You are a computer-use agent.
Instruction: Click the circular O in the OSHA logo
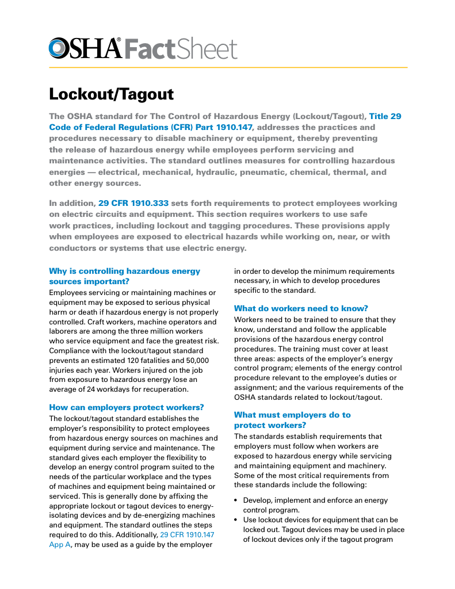pyautogui.click(x=59, y=48)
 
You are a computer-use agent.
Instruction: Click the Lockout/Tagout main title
pyautogui.click(x=111, y=94)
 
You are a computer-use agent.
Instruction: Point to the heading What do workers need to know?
pyautogui.click(x=301, y=308)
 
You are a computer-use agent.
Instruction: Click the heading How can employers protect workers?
pyautogui.click(x=127, y=407)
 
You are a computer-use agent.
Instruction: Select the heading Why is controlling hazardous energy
pyautogui.click(x=125, y=271)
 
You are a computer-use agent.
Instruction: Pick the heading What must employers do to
pyautogui.click(x=292, y=415)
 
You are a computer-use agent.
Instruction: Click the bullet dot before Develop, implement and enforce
pyautogui.click(x=236, y=501)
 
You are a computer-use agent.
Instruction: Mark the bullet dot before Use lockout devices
pyautogui.click(x=236, y=521)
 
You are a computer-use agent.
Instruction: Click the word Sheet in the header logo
pyautogui.click(x=207, y=49)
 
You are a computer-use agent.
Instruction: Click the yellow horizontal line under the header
pyautogui.click(x=228, y=68)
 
